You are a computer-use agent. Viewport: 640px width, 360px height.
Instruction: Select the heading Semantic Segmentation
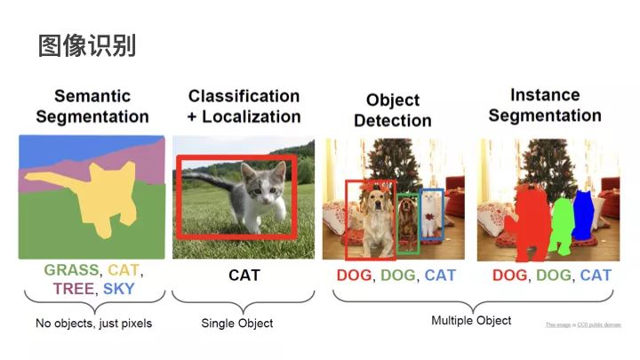[92, 106]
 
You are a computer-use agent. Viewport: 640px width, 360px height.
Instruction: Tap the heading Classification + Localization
[244, 106]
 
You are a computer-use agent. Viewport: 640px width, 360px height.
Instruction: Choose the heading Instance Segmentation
[544, 105]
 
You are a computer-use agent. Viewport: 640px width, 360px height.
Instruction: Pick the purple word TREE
[74, 288]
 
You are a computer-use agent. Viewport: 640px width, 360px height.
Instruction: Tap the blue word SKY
[119, 288]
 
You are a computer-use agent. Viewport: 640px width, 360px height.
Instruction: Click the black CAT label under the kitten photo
[244, 275]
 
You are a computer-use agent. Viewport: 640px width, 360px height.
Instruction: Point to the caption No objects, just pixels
[93, 323]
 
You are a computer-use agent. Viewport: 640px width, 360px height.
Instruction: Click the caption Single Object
[237, 323]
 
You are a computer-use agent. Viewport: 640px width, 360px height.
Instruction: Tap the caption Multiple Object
[471, 320]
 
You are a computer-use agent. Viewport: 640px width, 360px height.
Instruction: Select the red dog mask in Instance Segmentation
[527, 222]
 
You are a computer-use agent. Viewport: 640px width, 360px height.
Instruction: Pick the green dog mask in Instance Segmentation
[562, 224]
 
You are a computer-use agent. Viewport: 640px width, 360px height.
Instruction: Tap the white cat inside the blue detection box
[431, 213]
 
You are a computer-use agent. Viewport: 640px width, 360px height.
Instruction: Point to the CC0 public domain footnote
[583, 325]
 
